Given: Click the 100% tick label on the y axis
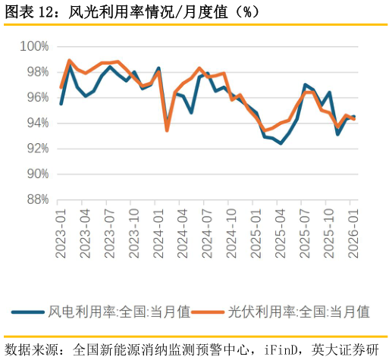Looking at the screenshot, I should coord(34,47).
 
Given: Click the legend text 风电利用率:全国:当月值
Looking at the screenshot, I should coord(119,311).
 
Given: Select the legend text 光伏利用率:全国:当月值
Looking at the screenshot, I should coord(299,311).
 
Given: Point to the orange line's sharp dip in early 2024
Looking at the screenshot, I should coord(167,130).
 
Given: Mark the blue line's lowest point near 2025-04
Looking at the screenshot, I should coord(281,143).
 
